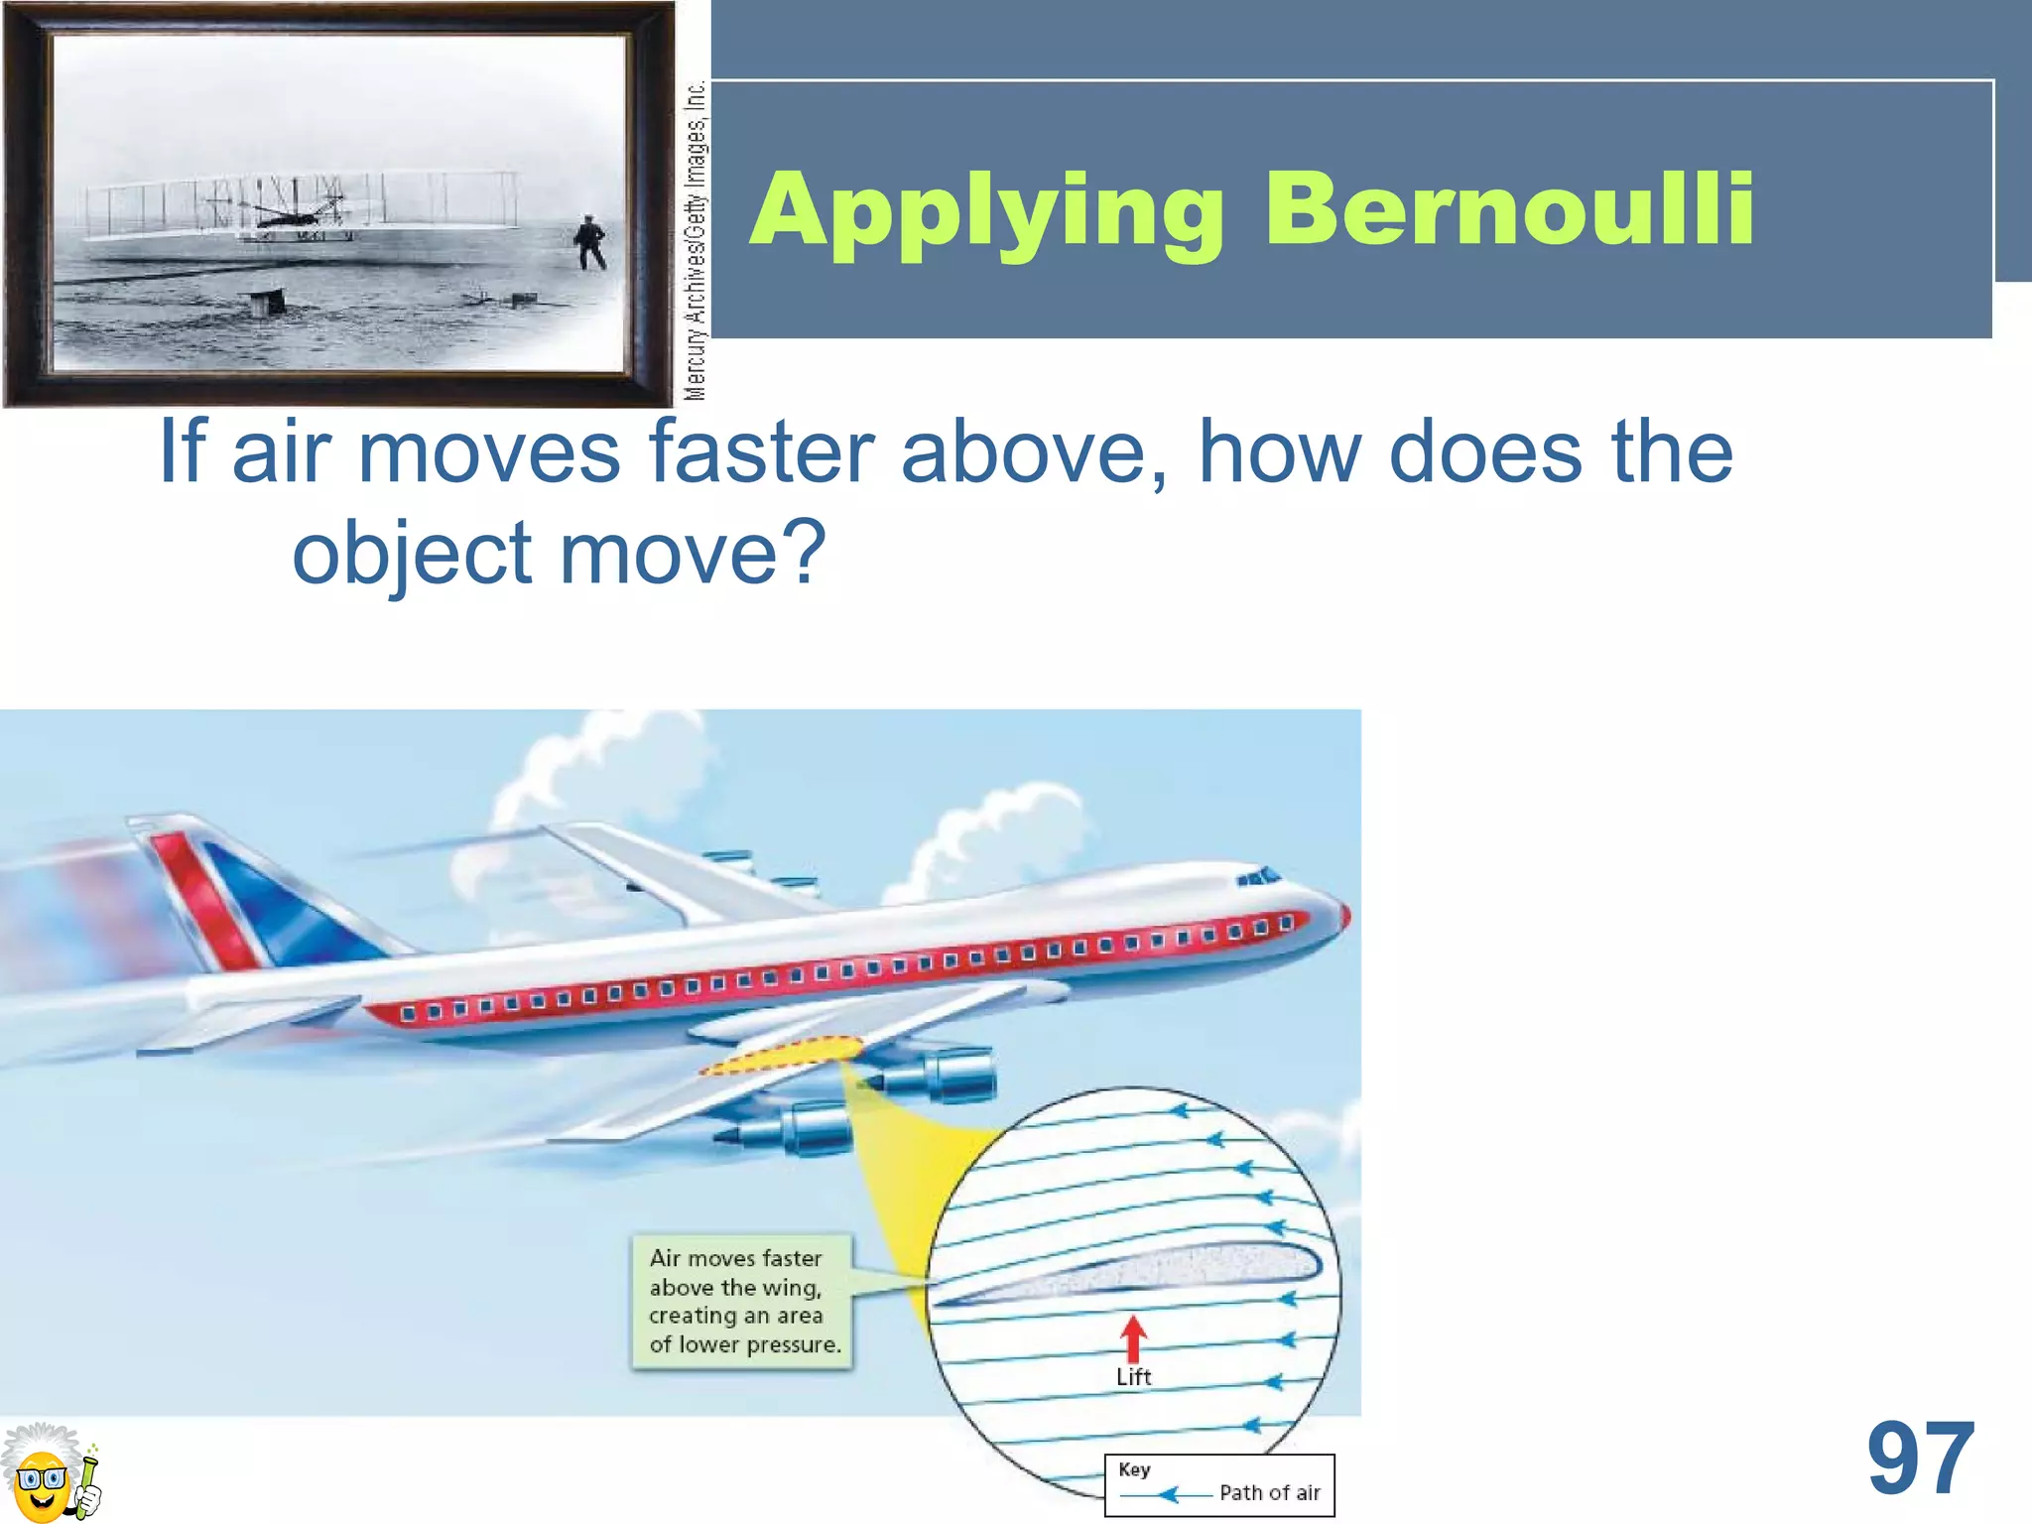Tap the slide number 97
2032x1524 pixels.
[1921, 1459]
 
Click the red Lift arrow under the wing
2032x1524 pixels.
[1133, 1337]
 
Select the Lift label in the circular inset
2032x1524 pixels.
[1133, 1377]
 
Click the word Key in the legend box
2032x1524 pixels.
[1134, 1469]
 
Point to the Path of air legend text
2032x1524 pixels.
[1269, 1493]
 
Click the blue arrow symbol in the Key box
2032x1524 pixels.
[1167, 1494]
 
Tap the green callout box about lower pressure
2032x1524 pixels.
[742, 1301]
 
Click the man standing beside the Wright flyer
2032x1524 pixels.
[589, 242]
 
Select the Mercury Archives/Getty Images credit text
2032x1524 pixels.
[696, 240]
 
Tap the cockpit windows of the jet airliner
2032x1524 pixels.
[1258, 877]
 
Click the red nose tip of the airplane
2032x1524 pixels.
[1344, 915]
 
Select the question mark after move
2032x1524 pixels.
[805, 552]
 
